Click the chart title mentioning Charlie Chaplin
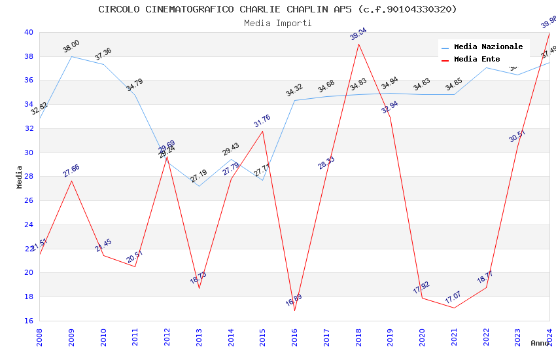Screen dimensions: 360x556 point(277,9)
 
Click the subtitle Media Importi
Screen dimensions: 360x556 point(277,23)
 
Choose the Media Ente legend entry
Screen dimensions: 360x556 point(477,60)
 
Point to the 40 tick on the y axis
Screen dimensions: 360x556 point(29,32)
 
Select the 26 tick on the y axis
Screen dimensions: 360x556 point(29,201)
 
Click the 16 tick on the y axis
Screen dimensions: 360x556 point(29,321)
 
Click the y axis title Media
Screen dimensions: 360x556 point(20,177)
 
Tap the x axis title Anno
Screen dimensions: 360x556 point(540,343)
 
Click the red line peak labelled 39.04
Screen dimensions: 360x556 point(358,44)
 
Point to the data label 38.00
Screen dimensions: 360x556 point(71,46)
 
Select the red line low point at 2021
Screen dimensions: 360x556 point(454,308)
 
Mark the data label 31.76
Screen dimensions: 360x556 point(262,121)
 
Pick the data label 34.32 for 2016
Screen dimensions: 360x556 point(294,90)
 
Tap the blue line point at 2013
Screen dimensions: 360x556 point(199,186)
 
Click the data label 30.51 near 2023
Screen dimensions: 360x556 point(517,136)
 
